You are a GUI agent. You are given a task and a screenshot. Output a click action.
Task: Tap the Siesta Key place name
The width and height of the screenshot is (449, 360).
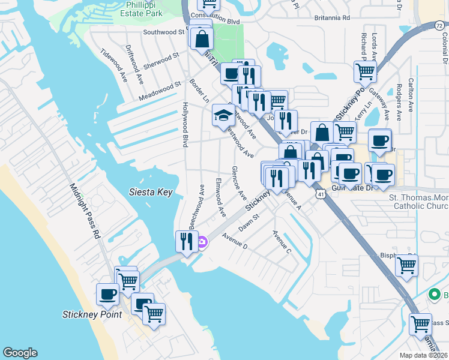[x=151, y=193]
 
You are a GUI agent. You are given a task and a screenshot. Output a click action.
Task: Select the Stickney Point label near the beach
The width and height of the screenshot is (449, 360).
[x=92, y=314]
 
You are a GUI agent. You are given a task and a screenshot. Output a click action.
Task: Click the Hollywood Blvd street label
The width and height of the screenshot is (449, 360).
[x=185, y=124]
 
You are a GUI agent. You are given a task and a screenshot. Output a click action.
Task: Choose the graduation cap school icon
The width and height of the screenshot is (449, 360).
[x=223, y=115]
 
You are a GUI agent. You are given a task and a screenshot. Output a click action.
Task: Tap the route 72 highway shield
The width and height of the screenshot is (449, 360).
[x=439, y=25]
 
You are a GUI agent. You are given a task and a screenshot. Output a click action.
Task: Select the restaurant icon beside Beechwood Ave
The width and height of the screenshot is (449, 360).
[x=186, y=241]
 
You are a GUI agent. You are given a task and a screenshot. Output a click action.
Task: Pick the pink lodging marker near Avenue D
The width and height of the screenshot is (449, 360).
[x=203, y=242]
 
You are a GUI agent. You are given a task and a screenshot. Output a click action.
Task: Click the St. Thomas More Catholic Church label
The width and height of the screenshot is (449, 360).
[x=419, y=202]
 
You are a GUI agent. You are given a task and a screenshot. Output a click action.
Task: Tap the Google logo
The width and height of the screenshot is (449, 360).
[x=20, y=353]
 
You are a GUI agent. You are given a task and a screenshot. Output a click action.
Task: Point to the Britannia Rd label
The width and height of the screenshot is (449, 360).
[x=330, y=17]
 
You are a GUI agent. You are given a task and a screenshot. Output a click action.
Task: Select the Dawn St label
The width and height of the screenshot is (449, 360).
[x=248, y=223]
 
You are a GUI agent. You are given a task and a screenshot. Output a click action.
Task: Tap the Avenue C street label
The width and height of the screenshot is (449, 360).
[x=282, y=241]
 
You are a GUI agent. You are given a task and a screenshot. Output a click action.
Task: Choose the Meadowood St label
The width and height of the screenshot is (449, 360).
[x=160, y=91]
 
